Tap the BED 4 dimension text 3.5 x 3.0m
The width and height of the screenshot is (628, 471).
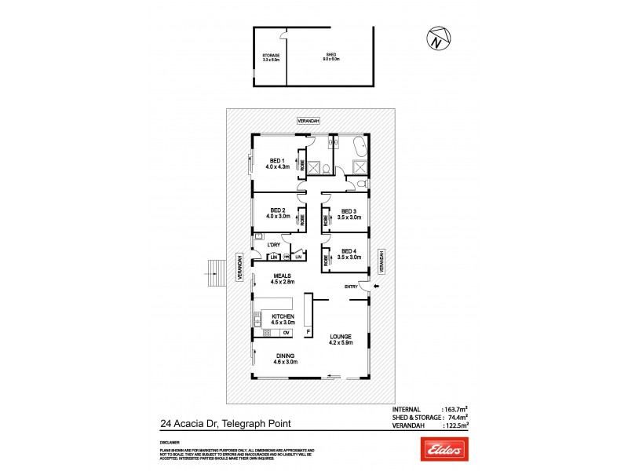tap(349, 257)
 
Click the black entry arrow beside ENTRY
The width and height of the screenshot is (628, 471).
tap(375, 287)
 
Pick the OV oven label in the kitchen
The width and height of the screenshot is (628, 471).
tap(287, 332)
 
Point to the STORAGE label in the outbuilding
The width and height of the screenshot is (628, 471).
tap(270, 54)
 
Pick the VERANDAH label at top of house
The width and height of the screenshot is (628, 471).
tap(308, 122)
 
